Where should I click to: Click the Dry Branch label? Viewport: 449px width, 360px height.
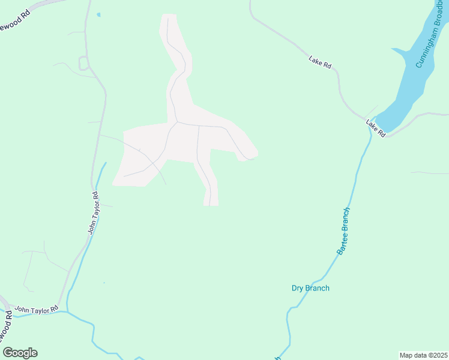click(310, 288)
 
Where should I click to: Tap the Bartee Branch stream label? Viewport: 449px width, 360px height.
click(343, 232)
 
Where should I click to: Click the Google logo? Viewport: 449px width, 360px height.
click(20, 353)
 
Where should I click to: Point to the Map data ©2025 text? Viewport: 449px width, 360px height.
click(423, 355)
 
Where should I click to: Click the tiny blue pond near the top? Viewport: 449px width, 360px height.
click(99, 14)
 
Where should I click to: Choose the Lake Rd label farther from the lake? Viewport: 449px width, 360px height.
click(320, 61)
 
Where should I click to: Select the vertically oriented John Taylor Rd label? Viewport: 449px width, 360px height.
click(93, 212)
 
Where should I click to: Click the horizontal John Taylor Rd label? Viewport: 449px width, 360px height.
click(37, 308)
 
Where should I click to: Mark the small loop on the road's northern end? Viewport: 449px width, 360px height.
click(84, 62)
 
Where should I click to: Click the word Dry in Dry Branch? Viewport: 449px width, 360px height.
click(298, 288)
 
